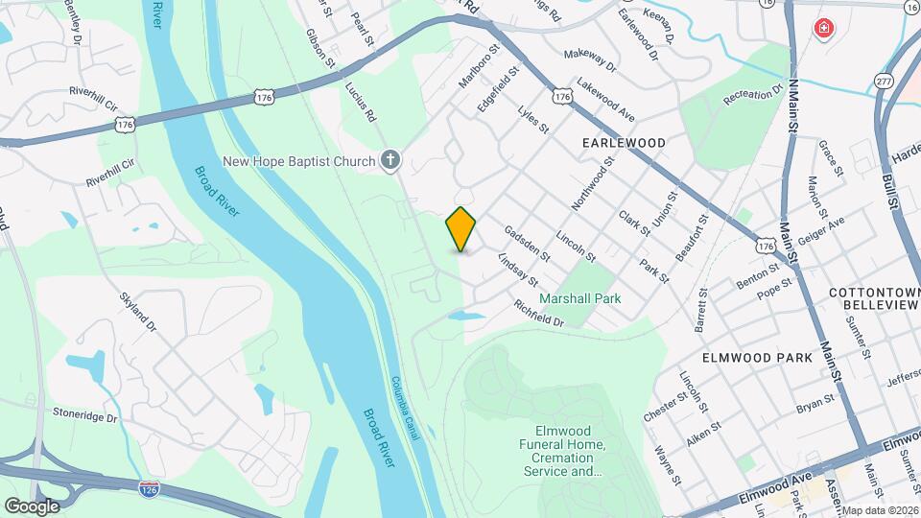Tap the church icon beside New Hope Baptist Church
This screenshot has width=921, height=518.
(390, 161)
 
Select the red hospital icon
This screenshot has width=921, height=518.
(822, 30)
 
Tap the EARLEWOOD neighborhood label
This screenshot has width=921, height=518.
(624, 142)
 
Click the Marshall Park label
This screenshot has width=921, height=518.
(579, 298)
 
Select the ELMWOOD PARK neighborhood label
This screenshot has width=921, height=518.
(757, 357)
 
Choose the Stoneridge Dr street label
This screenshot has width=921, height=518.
(85, 418)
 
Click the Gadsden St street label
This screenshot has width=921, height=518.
(528, 244)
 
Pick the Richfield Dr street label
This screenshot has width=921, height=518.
(538, 313)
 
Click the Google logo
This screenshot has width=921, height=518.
(32, 506)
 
